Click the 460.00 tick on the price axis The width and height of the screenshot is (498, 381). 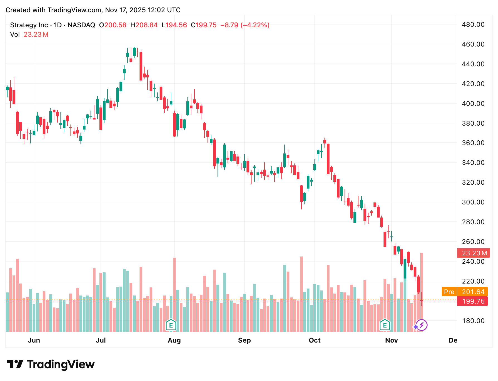(473, 44)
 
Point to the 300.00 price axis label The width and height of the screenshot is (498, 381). (473, 202)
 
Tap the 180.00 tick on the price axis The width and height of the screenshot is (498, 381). (473, 321)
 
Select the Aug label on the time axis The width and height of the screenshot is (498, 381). (174, 340)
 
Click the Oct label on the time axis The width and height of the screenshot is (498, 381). (315, 340)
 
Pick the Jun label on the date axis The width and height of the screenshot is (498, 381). (34, 340)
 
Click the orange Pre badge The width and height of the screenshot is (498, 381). (449, 292)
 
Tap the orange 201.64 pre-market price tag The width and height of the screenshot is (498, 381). (473, 292)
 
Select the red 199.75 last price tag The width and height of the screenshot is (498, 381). (473, 301)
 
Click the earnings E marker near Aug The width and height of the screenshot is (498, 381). (171, 325)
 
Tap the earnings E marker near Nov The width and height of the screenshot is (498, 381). (385, 325)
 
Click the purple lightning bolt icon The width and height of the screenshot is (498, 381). (422, 325)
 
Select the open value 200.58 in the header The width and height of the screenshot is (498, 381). (115, 25)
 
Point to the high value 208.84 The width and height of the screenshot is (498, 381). (147, 25)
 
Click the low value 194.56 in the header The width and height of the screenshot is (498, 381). (176, 25)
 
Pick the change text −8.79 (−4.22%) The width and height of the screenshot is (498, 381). (245, 25)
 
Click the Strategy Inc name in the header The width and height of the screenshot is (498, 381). (29, 25)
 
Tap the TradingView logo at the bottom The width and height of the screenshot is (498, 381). (51, 364)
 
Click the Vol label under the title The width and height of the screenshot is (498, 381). (15, 35)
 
